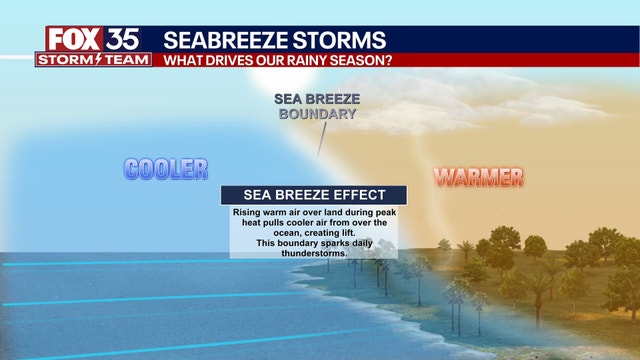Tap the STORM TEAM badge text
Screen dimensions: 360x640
[x=94, y=60]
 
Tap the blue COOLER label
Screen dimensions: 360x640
[x=165, y=168]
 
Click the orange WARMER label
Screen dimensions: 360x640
[x=478, y=178]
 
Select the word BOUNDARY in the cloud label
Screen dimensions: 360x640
[x=316, y=114]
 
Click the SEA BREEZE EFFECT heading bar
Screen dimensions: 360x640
[x=313, y=195]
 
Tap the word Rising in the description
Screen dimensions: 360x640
[x=247, y=213]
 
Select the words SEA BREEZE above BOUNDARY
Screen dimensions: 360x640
[x=316, y=99]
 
